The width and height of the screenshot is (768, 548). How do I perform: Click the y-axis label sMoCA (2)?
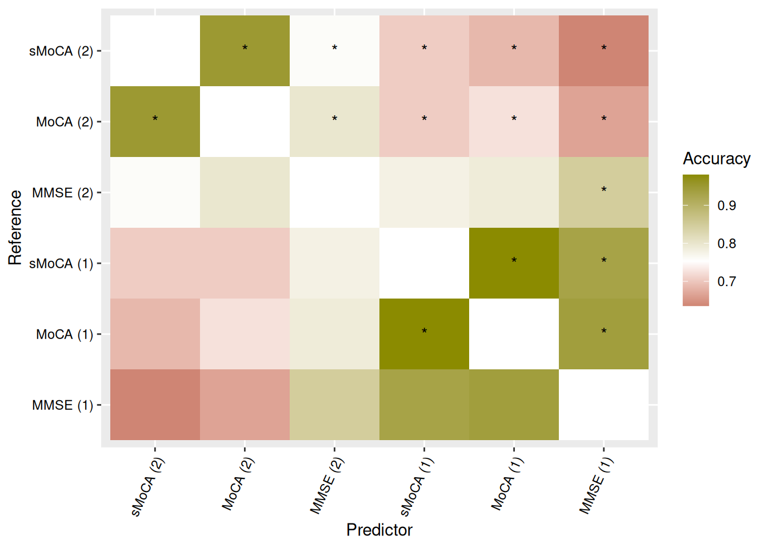61,51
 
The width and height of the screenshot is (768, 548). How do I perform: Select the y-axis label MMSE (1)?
62,405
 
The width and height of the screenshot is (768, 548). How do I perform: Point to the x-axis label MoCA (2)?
238,484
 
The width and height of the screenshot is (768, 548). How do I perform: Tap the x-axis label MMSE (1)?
595,486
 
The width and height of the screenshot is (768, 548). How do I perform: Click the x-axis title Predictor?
379,530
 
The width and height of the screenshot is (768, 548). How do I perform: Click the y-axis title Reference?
15,228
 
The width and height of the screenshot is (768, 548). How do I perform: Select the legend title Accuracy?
716,159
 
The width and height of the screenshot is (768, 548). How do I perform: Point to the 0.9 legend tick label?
726,205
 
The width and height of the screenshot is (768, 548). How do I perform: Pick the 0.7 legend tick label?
726,281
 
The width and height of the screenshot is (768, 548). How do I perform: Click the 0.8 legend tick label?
726,244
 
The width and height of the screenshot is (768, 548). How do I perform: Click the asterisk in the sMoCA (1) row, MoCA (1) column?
514,261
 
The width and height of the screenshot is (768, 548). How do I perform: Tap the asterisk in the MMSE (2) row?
603,190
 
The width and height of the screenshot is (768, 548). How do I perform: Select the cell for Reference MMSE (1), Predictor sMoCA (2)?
155,405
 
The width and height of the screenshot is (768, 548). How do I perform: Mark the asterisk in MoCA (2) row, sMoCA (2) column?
155,119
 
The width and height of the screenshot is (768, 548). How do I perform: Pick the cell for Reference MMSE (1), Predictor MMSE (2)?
334,405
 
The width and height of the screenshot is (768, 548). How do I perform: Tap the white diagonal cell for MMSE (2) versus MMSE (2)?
334,192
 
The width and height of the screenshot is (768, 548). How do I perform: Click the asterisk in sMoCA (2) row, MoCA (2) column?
245,49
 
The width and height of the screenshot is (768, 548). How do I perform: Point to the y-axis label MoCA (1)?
64,335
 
